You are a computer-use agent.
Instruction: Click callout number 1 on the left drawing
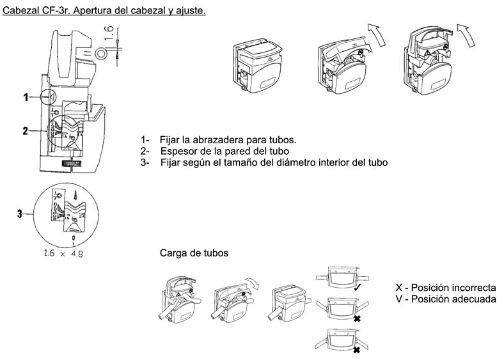[x=26, y=98]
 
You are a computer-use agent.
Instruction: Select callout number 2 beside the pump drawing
[x=26, y=131]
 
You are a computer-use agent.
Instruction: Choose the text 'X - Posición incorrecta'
[x=446, y=288]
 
